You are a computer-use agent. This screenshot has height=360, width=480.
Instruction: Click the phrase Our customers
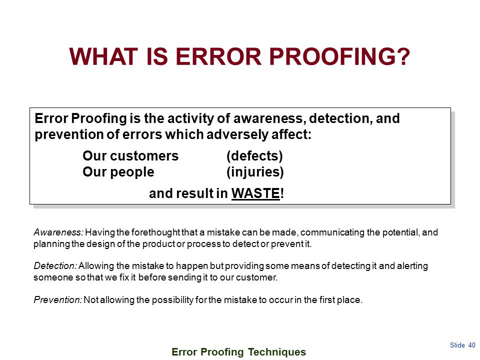pos(130,156)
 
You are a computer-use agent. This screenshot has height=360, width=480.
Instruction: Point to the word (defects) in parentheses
pos(254,156)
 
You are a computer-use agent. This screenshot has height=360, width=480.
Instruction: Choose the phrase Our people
pos(118,172)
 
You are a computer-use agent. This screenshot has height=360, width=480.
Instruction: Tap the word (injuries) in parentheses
pos(255,172)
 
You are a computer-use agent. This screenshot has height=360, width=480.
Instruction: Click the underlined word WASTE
pos(255,194)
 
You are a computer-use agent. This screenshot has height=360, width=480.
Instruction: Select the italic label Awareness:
pos(59,232)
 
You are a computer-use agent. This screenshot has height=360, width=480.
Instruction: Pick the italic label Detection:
pos(55,266)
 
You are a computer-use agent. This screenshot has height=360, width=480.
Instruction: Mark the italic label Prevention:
pos(57,300)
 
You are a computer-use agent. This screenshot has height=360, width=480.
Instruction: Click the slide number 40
pos(472,345)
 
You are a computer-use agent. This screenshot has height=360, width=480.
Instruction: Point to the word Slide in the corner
pos(457,345)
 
